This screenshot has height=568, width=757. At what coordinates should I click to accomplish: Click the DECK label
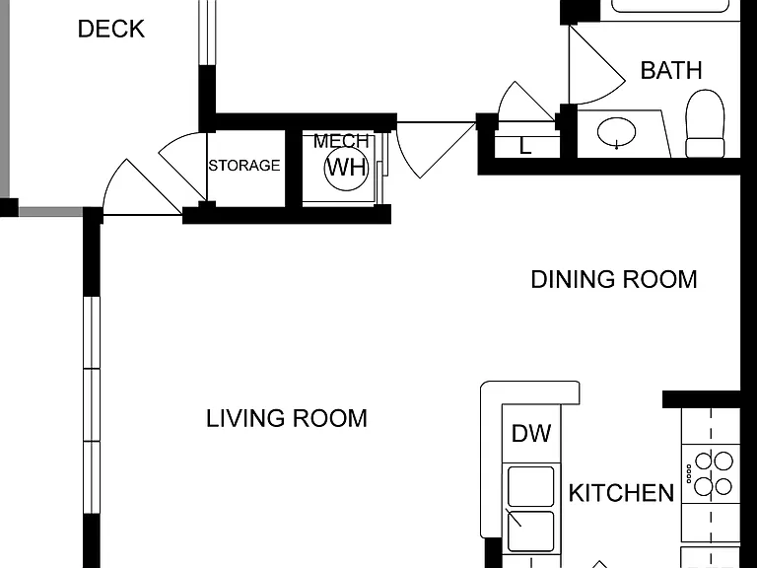click(x=111, y=29)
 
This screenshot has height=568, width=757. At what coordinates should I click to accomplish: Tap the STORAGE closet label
click(x=244, y=166)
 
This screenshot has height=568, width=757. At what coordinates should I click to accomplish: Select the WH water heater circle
click(x=346, y=167)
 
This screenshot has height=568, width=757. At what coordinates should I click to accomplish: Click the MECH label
click(x=341, y=141)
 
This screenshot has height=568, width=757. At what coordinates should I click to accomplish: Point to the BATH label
click(x=671, y=71)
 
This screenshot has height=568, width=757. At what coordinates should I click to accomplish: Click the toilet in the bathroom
click(x=706, y=123)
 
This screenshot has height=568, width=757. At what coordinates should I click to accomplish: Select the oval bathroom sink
click(x=616, y=131)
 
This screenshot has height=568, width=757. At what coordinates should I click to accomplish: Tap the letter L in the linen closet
click(x=525, y=146)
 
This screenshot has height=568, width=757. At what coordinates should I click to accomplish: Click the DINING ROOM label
click(x=614, y=280)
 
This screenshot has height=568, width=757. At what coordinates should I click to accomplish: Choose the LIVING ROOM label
click(x=287, y=418)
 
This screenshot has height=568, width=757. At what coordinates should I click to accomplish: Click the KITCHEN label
click(x=621, y=493)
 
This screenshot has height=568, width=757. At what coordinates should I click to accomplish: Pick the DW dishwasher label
click(x=531, y=433)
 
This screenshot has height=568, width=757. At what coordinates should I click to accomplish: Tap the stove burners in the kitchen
click(x=714, y=473)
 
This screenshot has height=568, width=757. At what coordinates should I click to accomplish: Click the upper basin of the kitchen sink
click(x=530, y=486)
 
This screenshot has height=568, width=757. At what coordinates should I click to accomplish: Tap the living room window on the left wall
click(x=92, y=404)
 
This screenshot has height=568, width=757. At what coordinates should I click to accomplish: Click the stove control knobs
click(x=689, y=473)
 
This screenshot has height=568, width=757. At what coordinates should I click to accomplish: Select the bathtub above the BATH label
click(x=671, y=6)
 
